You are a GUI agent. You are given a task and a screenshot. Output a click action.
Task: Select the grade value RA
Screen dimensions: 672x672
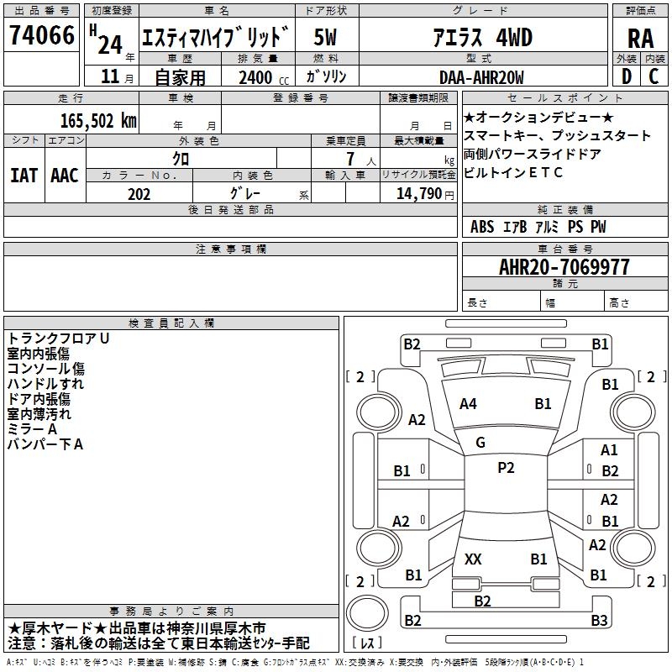pos(640,39)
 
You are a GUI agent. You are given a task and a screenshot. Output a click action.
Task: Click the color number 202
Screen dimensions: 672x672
pos(139,193)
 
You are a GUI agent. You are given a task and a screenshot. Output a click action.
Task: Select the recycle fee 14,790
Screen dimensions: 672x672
pos(420,193)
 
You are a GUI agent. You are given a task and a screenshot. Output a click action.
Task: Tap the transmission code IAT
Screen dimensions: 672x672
pos(24,175)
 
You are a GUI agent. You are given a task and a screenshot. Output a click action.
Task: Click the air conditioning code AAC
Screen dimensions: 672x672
pos(65,175)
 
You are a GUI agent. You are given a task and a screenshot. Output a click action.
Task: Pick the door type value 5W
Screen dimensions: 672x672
pos(326,38)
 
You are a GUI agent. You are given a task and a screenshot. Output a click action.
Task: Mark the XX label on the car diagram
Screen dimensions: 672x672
pos(473,559)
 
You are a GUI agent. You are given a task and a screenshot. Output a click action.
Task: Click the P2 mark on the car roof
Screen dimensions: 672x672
pos(506,468)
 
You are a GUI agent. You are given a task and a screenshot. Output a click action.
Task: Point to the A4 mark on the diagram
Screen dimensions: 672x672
pos(468,404)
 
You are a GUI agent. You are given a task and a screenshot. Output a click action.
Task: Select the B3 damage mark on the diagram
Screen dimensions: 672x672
pos(598,621)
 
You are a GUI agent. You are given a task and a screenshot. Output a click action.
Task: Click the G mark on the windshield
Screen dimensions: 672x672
pos(480,443)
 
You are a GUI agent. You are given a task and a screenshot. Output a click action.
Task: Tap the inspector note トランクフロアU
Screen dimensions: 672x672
pos(58,338)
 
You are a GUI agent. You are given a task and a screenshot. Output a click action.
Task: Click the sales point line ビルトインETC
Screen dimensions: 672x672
pos(512,173)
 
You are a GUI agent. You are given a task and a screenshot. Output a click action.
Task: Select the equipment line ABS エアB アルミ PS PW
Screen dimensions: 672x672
pos(538,227)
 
